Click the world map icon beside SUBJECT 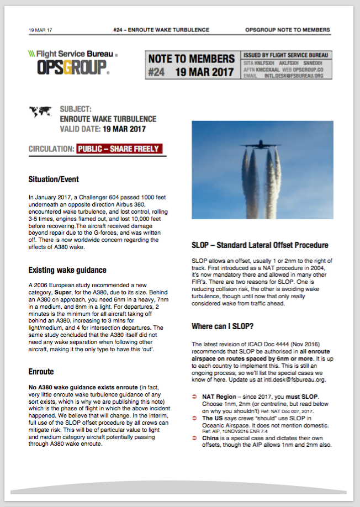click(41, 112)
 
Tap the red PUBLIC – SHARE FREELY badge click(119, 149)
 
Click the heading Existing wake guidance click(67, 270)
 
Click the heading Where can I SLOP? click(223, 326)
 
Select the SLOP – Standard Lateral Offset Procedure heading click(260, 245)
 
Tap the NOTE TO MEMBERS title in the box click(191, 59)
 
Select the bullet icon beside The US click(194, 418)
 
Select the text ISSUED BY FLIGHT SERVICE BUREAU click(285, 55)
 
